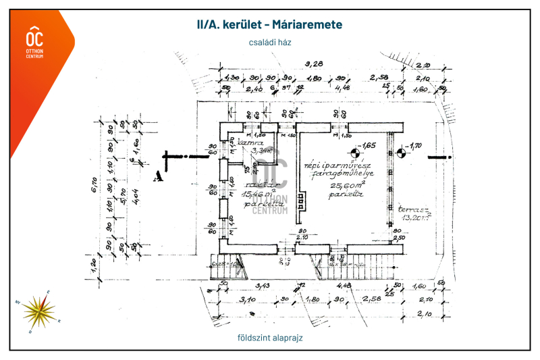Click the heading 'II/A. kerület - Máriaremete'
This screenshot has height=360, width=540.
pyautogui.click(x=269, y=24)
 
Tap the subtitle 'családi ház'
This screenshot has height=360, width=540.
pyautogui.click(x=269, y=43)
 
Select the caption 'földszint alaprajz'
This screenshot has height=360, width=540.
pyautogui.click(x=269, y=337)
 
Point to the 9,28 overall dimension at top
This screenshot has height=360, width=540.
pyautogui.click(x=313, y=64)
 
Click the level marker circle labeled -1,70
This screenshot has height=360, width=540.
pyautogui.click(x=400, y=152)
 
